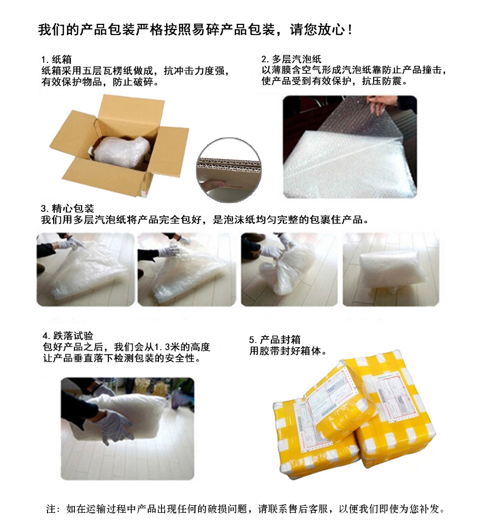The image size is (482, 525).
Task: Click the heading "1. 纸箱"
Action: pyautogui.click(x=56, y=60)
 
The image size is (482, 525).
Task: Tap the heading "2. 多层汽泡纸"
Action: pyautogui.click(x=291, y=59)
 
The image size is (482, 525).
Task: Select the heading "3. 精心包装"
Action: pyautogui.click(x=67, y=209)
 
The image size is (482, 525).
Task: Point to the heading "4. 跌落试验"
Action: pyautogui.click(x=68, y=336)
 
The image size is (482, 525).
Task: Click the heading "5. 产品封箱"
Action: pyautogui.click(x=274, y=340)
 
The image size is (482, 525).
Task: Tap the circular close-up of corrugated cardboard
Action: pyautogui.click(x=229, y=170)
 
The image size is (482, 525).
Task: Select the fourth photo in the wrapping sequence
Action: pyautogui.click(x=391, y=270)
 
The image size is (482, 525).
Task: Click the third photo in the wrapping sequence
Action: pyautogui.click(x=289, y=270)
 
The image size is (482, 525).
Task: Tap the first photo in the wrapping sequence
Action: pyautogui.click(x=85, y=270)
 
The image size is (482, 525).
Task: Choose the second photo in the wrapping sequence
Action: pyautogui.click(x=187, y=270)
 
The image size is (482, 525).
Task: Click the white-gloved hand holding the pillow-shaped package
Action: pyautogui.click(x=116, y=426)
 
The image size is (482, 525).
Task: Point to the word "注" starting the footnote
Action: pyautogui.click(x=51, y=509)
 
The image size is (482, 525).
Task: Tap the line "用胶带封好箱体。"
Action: pyautogui.click(x=288, y=351)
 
